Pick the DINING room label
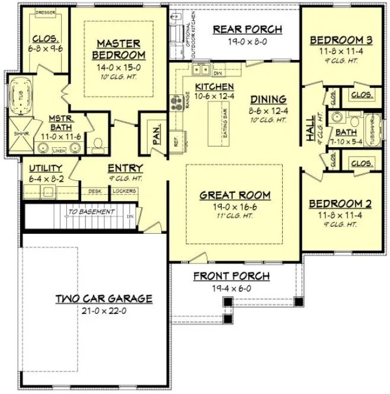point(268,99)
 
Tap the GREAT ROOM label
point(235,195)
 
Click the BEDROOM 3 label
point(341,40)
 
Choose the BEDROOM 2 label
point(341,204)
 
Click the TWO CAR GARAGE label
point(104,298)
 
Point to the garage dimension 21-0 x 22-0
point(104,310)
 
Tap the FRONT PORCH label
point(231,276)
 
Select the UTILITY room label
point(47,169)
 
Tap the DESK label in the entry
point(95,191)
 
